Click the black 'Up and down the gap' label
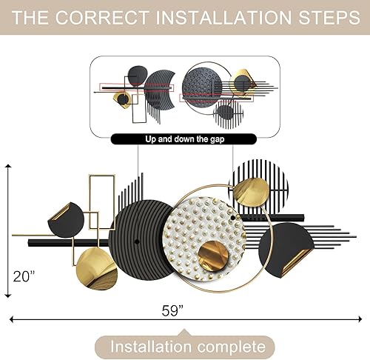pyautogui.click(x=184, y=139)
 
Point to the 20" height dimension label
pyautogui.click(x=24, y=276)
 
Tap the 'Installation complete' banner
pyautogui.click(x=184, y=346)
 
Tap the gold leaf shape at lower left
pyautogui.click(x=97, y=267)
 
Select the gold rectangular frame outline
pyautogui.click(x=101, y=196)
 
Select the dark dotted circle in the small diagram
pyautogui.click(x=201, y=83)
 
